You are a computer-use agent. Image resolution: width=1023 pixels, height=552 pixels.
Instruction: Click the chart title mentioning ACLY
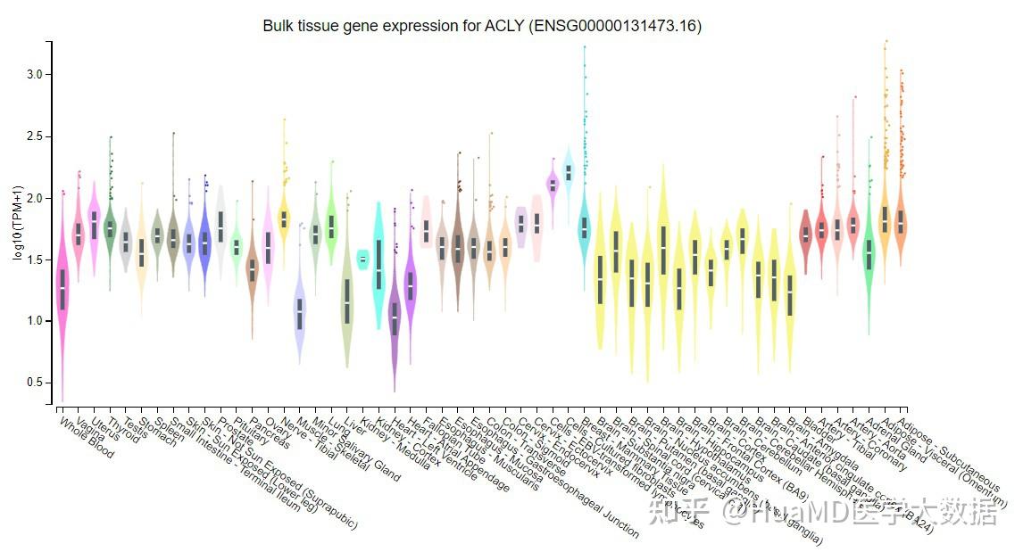482,26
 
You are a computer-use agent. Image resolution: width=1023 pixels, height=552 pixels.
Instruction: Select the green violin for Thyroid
110,228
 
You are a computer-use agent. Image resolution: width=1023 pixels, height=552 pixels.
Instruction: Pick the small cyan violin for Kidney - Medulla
362,259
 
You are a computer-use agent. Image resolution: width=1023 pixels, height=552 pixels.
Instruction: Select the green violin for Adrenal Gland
869,254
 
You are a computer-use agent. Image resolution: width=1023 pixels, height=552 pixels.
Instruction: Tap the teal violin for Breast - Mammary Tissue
585,227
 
